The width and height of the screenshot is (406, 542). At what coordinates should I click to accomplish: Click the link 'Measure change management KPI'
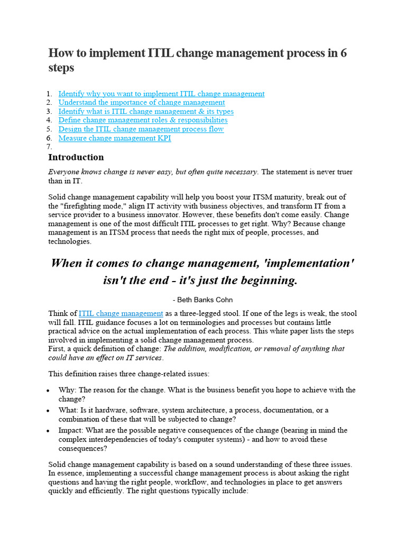[114, 138]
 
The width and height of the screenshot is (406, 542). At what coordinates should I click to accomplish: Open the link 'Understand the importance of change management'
[141, 102]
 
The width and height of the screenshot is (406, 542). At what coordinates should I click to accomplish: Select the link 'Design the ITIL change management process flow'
[141, 129]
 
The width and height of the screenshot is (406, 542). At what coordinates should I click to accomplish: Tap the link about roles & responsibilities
[143, 120]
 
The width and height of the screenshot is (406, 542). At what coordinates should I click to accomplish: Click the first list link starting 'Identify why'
[161, 94]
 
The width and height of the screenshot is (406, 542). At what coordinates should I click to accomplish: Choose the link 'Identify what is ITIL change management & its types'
[145, 111]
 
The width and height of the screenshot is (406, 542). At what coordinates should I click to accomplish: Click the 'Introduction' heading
[76, 157]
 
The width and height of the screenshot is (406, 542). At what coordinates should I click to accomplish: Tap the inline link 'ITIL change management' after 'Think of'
[121, 313]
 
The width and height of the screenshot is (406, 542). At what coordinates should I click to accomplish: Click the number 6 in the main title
[343, 53]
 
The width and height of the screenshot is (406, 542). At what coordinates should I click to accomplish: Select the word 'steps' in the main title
[61, 68]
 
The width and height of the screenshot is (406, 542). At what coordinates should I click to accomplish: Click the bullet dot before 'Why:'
[48, 391]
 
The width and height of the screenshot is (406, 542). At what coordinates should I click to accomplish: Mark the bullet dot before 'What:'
[48, 411]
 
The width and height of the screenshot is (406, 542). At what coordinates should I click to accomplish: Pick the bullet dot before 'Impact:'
[48, 431]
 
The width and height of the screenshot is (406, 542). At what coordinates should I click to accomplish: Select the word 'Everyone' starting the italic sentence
[64, 172]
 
